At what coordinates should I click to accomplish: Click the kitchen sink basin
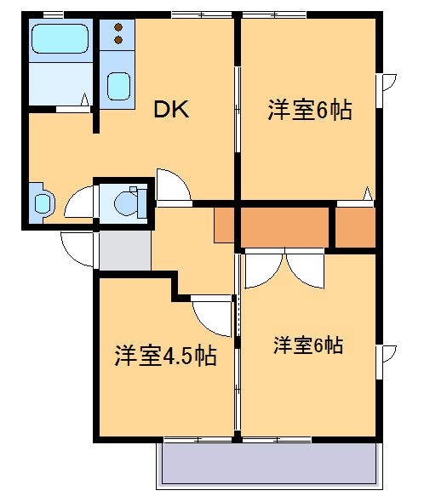[118, 84]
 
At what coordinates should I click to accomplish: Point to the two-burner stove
[118, 35]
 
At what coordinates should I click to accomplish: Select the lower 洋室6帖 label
[308, 345]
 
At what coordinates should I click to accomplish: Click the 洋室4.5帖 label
[165, 356]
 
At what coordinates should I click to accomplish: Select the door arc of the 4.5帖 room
[213, 317]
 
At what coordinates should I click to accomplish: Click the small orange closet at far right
[355, 226]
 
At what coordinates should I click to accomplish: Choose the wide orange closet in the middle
[284, 226]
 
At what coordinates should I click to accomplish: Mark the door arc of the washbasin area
[79, 203]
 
